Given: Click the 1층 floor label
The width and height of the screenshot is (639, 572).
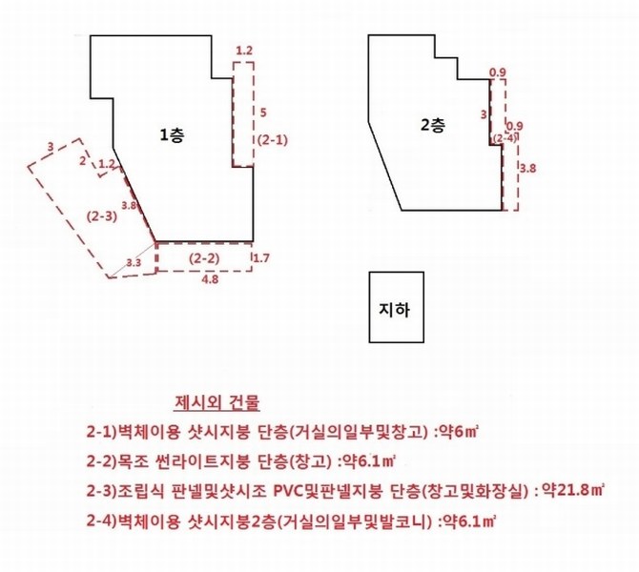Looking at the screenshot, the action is (x=172, y=134).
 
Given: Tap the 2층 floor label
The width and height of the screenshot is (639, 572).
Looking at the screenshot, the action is (x=433, y=125).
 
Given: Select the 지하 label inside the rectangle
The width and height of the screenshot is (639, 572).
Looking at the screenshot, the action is (x=395, y=310).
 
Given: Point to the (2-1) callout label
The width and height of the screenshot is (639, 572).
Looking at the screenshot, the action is (x=273, y=140).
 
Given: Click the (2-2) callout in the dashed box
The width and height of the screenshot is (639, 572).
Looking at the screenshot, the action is (x=204, y=258).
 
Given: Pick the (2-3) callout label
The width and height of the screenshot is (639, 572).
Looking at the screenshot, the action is (x=102, y=215).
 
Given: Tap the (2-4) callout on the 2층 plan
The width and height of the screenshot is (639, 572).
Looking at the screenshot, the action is (x=505, y=137).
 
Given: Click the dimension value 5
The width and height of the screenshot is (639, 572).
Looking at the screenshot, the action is (x=263, y=112).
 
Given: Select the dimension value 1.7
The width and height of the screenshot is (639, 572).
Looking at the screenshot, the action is (x=261, y=258).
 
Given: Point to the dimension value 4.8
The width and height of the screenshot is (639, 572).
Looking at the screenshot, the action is (x=209, y=279).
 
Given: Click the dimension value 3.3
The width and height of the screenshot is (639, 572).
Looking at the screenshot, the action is (x=134, y=263).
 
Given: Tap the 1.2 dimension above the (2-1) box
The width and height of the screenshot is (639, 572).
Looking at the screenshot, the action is (x=244, y=51).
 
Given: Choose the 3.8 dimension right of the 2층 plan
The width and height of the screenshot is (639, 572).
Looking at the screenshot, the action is (x=527, y=168).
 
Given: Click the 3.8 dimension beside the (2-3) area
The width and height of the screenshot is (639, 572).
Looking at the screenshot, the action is (x=129, y=205).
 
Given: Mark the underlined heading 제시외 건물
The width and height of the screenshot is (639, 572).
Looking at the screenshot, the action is (x=216, y=402).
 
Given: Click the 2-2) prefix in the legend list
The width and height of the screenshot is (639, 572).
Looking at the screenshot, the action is (x=101, y=461).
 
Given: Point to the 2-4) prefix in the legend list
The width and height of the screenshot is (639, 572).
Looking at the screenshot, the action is (x=101, y=521).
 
